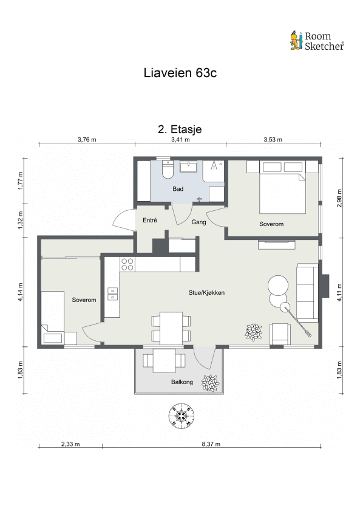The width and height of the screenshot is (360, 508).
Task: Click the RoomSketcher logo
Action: click(317, 41)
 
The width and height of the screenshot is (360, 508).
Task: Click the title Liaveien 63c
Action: click(180, 73)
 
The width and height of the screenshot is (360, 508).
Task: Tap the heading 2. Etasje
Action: click(180, 129)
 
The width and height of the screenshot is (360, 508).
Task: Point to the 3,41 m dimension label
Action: click(180, 140)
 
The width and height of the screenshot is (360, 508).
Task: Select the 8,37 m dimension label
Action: click(211, 444)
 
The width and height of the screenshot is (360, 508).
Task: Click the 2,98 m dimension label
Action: click(339, 198)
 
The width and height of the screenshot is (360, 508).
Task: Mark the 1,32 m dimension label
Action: click(20, 220)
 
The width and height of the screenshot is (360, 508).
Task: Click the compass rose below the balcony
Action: click(182, 416)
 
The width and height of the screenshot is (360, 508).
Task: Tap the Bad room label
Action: click(178, 189)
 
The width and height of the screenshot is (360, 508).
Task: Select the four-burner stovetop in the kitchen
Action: click(127, 264)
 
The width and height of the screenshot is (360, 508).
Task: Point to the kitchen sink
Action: click(113, 294)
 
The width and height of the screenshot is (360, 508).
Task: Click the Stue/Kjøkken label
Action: click(206, 292)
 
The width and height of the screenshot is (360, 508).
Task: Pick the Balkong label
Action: click(182, 382)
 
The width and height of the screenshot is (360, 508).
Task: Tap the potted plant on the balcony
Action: click(211, 383)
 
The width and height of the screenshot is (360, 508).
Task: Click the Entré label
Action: click(150, 221)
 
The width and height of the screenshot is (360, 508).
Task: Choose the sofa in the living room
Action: click(307, 292)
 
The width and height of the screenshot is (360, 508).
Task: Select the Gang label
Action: click(199, 222)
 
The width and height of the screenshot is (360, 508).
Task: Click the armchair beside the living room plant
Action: click(280, 334)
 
